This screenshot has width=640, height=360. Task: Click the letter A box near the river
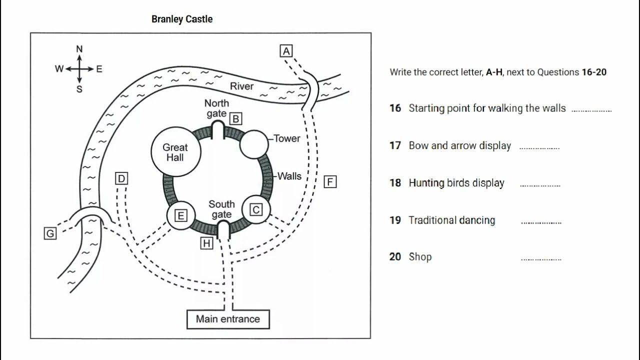[286, 51]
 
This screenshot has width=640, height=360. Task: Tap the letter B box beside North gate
[235, 118]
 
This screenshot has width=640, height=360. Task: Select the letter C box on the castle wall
[256, 209]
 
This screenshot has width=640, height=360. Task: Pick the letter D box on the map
[121, 178]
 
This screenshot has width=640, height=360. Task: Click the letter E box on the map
[180, 215]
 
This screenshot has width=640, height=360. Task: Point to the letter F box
[330, 181]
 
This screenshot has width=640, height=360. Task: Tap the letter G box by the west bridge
[50, 233]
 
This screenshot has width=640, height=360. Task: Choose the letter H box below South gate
[206, 243]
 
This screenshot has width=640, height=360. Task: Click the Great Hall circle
[175, 152]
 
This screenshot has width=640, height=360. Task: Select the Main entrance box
[228, 319]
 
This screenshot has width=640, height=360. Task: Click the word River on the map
[241, 86]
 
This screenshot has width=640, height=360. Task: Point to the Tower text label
[287, 138]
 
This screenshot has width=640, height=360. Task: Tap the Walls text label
[289, 176]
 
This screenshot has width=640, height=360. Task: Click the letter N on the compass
[79, 49]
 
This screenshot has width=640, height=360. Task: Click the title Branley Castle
[182, 19]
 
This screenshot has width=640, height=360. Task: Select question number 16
[395, 108]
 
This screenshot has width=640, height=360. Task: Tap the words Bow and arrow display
[459, 146]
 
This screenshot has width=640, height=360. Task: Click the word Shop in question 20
[420, 257]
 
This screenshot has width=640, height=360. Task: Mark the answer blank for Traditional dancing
[541, 222]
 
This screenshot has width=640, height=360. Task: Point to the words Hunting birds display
[456, 183]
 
